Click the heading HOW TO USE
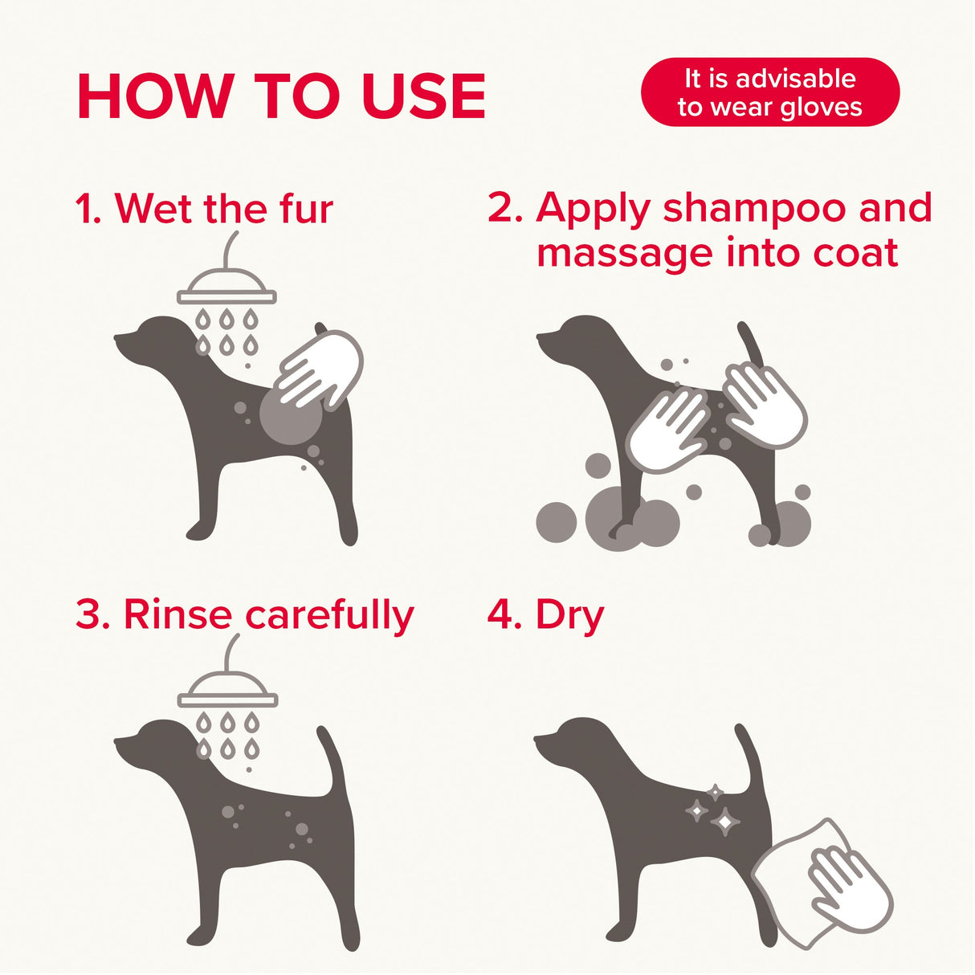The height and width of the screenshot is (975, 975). tap(281, 96)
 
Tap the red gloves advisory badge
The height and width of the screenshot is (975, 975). tap(769, 92)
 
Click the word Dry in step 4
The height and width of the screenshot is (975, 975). tap(569, 615)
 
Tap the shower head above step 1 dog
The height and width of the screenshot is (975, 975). tap(226, 288)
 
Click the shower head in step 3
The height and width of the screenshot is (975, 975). tap(227, 692)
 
